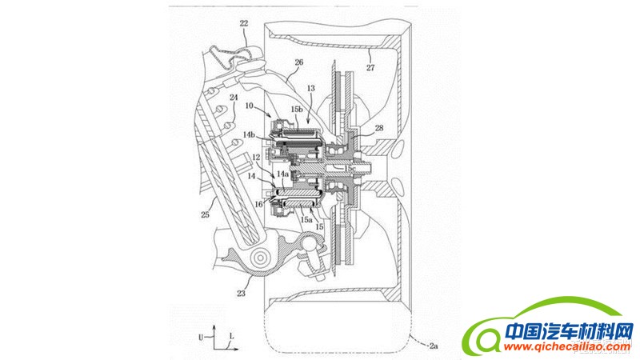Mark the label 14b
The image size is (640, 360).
coord(250,135)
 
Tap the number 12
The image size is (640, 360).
coord(254,157)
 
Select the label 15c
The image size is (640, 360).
coord(350,170)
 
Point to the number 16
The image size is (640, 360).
coord(259,205)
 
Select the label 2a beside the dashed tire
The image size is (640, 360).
coord(433,346)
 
